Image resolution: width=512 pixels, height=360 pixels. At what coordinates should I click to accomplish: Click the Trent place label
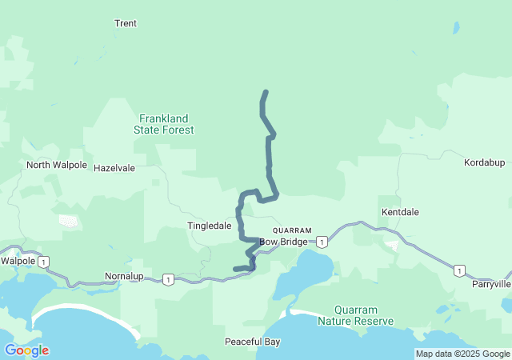point(126,24)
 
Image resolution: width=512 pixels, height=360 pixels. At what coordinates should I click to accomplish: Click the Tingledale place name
point(210,226)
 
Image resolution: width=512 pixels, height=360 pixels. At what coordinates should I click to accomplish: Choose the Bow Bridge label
point(282,242)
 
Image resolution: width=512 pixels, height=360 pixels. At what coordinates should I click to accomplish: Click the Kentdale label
point(401,212)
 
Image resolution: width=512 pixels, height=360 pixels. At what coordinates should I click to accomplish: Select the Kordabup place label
point(485,162)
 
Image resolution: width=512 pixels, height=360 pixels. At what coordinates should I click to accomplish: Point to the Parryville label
point(490,284)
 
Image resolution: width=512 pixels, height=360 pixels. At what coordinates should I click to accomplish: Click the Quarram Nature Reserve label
point(355,315)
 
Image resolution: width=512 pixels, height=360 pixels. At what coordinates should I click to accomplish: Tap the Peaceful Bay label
point(252,342)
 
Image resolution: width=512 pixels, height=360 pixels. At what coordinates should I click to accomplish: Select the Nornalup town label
point(124,276)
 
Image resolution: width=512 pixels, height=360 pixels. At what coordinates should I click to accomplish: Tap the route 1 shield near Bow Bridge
point(321,242)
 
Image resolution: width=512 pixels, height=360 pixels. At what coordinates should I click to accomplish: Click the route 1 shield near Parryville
point(458,270)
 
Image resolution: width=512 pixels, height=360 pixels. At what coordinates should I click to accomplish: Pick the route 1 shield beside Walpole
point(44,261)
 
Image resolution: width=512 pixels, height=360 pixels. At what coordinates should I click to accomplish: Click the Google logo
point(26,350)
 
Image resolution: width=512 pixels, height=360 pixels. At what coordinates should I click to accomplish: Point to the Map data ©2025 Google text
point(462,354)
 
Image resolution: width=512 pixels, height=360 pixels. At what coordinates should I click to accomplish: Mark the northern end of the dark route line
point(266,92)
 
